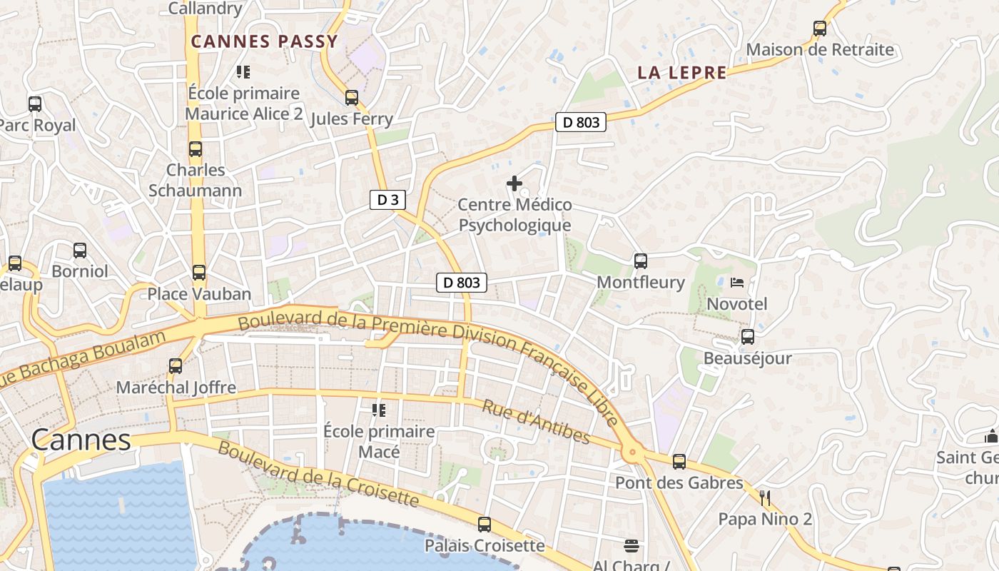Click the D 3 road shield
[387, 200]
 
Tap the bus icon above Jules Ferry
[351, 98]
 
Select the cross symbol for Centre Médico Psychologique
[514, 183]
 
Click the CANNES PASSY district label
[264, 41]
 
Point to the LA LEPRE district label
[682, 73]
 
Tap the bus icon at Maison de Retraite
[820, 29]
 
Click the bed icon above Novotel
[737, 283]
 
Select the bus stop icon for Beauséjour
[748, 337]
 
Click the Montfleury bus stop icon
[641, 261]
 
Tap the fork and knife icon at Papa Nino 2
[765, 497]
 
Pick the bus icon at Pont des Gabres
[679, 462]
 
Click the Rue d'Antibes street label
[536, 422]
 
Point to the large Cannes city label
[81, 440]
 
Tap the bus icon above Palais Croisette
[485, 525]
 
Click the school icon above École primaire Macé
[378, 410]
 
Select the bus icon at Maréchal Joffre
[176, 366]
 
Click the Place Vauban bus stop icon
[199, 273]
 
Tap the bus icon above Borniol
[80, 251]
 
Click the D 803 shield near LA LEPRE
[581, 122]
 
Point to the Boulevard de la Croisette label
[318, 473]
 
